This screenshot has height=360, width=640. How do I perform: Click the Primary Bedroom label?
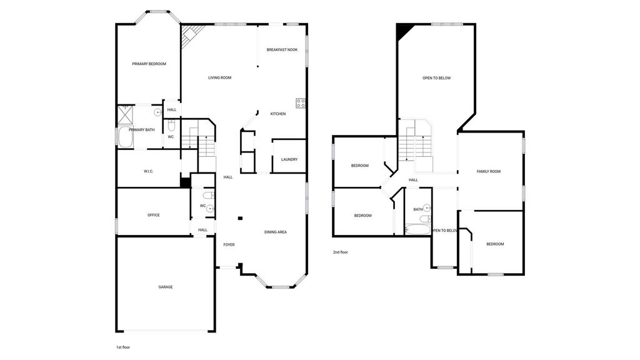149,64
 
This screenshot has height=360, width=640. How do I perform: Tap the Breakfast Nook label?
282,50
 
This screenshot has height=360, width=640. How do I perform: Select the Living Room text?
219,77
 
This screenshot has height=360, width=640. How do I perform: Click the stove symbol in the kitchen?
301,103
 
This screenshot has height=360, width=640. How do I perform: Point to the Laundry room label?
289,159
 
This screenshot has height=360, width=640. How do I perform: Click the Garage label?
165,287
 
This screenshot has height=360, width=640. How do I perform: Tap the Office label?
154,215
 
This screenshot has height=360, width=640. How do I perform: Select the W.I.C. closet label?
149,171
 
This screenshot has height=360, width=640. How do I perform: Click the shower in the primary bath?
125,115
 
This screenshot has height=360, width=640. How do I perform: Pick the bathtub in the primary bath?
126,137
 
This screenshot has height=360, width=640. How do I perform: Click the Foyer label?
229,245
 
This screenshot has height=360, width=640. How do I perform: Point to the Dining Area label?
276,232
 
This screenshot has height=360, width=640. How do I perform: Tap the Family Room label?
489,172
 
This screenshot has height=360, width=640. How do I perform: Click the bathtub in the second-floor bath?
418,229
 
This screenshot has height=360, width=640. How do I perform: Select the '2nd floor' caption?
341,252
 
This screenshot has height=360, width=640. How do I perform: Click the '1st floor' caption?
123,347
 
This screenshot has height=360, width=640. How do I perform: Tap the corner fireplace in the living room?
190,35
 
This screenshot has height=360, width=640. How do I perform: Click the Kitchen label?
278,114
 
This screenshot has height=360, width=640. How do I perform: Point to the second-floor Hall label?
414,180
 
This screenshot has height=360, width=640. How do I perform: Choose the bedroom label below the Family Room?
495,244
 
